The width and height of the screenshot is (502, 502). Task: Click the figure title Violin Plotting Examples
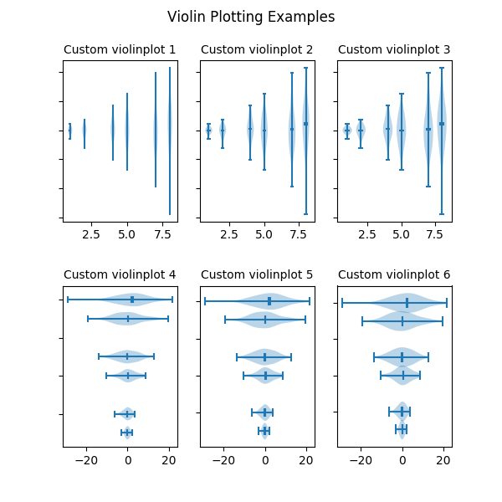pyautogui.click(x=251, y=17)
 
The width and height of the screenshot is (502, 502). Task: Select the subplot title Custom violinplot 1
pyautogui.click(x=120, y=50)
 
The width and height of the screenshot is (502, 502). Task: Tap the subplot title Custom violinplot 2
pyautogui.click(x=257, y=50)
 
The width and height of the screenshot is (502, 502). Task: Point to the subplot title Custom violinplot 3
pyautogui.click(x=394, y=50)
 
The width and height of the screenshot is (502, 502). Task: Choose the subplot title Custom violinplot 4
pyautogui.click(x=120, y=274)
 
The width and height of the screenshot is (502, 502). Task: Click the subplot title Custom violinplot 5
pyautogui.click(x=257, y=274)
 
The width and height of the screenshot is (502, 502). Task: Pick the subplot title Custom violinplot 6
pyautogui.click(x=394, y=274)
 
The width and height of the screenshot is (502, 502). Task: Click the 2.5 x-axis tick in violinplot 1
pyautogui.click(x=91, y=236)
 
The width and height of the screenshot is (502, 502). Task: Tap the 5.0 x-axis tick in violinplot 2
pyautogui.click(x=264, y=236)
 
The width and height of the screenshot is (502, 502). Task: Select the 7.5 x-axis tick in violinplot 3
pyautogui.click(x=435, y=236)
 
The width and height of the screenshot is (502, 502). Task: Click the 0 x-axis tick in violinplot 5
pyautogui.click(x=264, y=460)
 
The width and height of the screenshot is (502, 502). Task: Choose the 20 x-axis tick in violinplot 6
pyautogui.click(x=443, y=460)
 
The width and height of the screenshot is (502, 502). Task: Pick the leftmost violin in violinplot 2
pyautogui.click(x=208, y=130)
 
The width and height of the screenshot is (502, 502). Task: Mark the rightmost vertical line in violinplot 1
pyautogui.click(x=170, y=141)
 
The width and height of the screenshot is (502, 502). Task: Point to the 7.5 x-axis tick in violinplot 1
pyautogui.click(x=161, y=236)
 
